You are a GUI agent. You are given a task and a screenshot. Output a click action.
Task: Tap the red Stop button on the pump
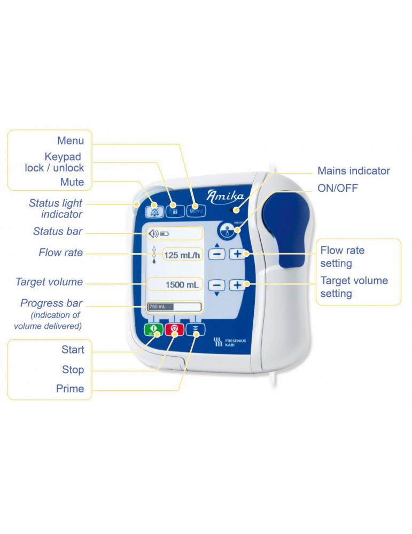click(175, 329)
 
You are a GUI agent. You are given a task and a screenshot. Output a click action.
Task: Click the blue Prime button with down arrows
click(196, 329)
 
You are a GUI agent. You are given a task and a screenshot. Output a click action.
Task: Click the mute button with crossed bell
click(154, 211)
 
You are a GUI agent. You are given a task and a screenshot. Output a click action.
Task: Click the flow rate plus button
click(237, 254)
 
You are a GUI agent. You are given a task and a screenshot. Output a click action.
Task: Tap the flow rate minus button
click(217, 254)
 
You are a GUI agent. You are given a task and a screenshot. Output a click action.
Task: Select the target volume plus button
click(237, 285)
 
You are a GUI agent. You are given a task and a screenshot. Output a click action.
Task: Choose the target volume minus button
click(217, 285)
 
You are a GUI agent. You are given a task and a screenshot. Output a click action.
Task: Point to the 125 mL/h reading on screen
click(182, 255)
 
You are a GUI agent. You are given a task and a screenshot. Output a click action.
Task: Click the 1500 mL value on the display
click(182, 285)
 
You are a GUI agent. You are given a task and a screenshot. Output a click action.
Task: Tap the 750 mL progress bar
click(174, 307)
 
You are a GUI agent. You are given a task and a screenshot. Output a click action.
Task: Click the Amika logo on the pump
click(226, 197)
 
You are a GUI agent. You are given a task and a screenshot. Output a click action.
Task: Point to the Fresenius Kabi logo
click(230, 342)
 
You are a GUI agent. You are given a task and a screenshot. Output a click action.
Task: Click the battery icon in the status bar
click(165, 234)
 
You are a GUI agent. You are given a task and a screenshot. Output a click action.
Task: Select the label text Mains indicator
click(354, 171)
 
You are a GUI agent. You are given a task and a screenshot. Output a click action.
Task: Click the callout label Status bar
click(58, 231)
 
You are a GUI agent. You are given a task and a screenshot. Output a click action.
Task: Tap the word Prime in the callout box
click(70, 389)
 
